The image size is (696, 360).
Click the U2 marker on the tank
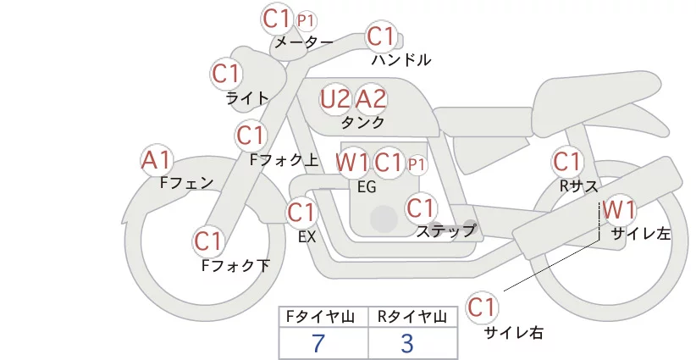pos(335,99)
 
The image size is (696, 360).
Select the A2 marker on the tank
pos(371,99)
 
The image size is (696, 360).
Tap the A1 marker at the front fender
pos(156,160)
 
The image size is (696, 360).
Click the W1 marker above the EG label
pos(352,162)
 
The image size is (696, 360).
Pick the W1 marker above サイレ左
pos(619,209)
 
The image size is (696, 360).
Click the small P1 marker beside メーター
pos(306,20)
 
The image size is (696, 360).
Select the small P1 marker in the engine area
pos(417,164)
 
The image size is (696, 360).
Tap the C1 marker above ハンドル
pos(381,36)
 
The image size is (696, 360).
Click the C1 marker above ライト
pos(226,74)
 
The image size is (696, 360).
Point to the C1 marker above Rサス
pos(566,162)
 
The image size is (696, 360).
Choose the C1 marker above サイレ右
pos(482,307)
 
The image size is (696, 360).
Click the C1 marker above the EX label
pos(301,213)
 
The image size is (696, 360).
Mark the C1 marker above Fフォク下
pos(208,241)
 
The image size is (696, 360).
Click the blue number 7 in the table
pos(318,344)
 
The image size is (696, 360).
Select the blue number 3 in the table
pos(407,344)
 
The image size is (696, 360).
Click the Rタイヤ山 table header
pos(412,317)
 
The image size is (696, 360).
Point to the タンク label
pos(362,123)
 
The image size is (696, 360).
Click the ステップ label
pos(445,231)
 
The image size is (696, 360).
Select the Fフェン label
pos(186,182)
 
